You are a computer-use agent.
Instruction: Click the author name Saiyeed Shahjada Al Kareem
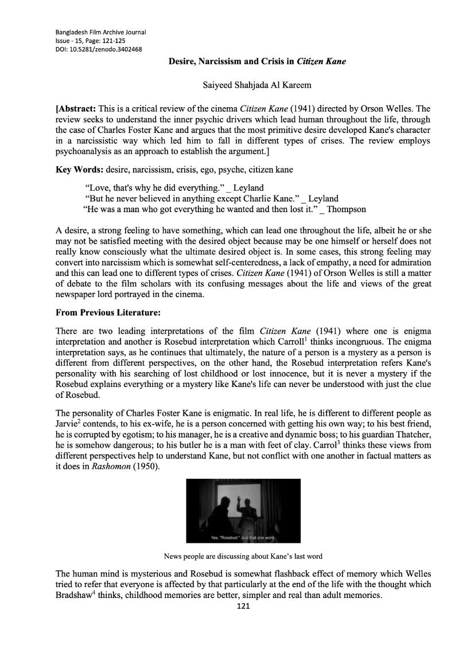[257, 85]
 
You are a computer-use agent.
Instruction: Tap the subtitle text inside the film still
[244, 538]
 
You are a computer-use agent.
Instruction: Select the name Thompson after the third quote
[347, 209]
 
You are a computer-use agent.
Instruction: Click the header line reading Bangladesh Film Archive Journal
[100, 32]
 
